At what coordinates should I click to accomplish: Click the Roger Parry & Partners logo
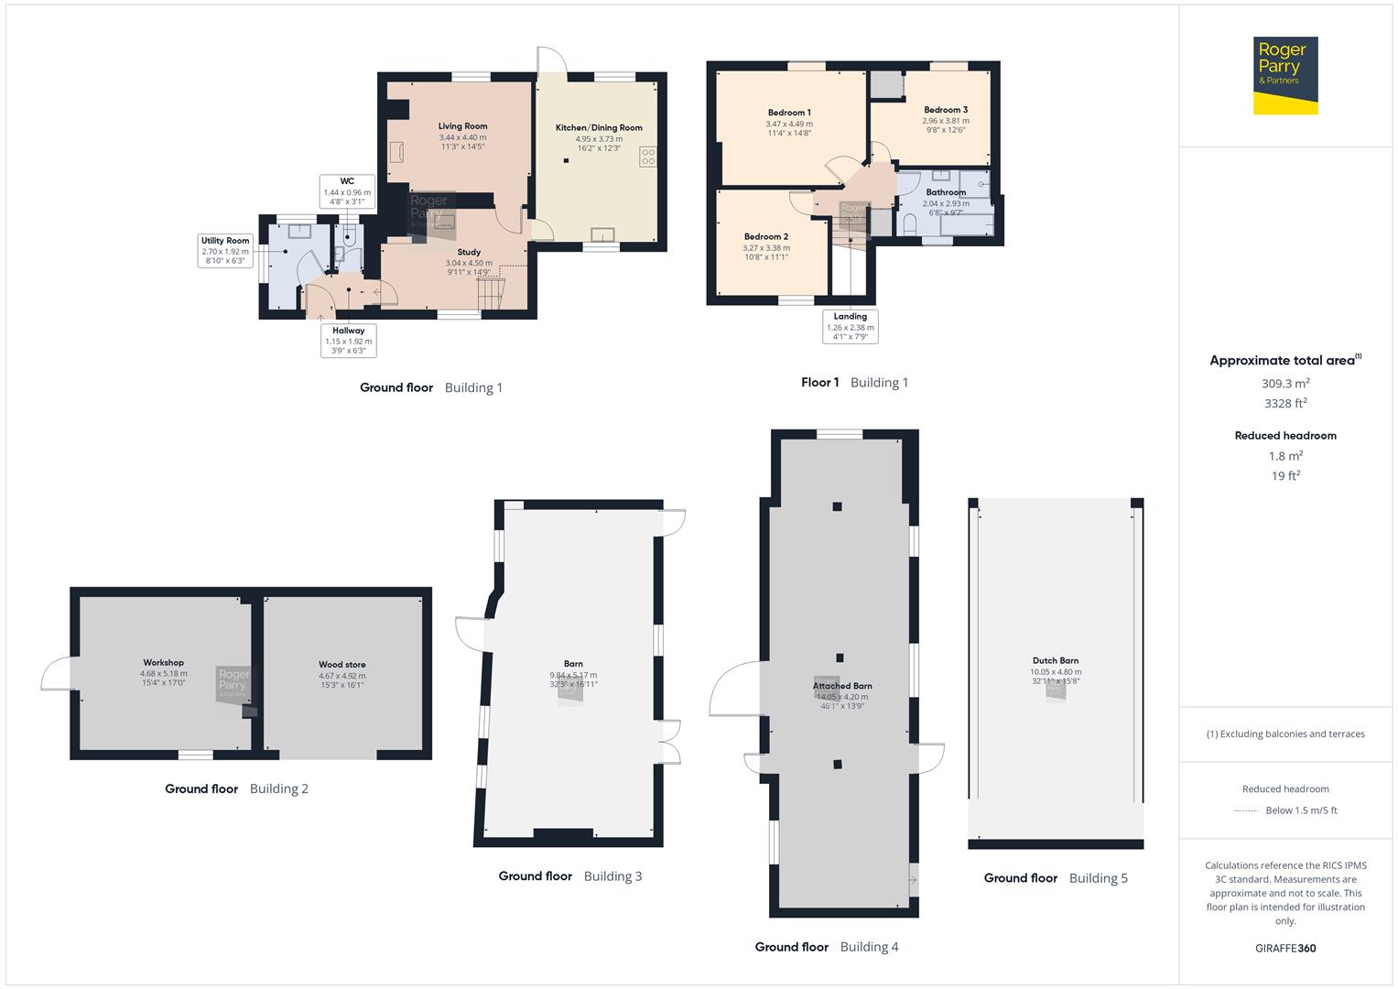[x=1284, y=75]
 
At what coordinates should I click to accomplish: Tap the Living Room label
[x=462, y=126]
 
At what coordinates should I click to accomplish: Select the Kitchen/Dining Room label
[x=599, y=128]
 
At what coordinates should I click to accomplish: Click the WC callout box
[x=347, y=191]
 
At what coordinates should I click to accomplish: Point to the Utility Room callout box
[x=225, y=250]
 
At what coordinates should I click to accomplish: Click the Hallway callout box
[x=348, y=340]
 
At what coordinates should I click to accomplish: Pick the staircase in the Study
[x=492, y=294]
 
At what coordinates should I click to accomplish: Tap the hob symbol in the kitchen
[x=648, y=157]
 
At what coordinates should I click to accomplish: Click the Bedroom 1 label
[x=789, y=113]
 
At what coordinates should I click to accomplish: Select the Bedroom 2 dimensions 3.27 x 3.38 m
[x=766, y=247]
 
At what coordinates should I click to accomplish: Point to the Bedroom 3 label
[x=946, y=110]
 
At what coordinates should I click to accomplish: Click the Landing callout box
[x=850, y=326]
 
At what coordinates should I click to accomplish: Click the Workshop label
[x=163, y=662]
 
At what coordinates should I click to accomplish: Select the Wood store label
[x=341, y=665]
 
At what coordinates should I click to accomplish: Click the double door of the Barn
[x=670, y=742]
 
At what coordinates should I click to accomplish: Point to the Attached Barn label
[x=842, y=686]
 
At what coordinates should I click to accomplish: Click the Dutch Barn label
[x=1055, y=660]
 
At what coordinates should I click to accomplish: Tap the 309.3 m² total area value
[x=1285, y=384]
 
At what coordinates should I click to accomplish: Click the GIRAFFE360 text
[x=1285, y=948]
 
